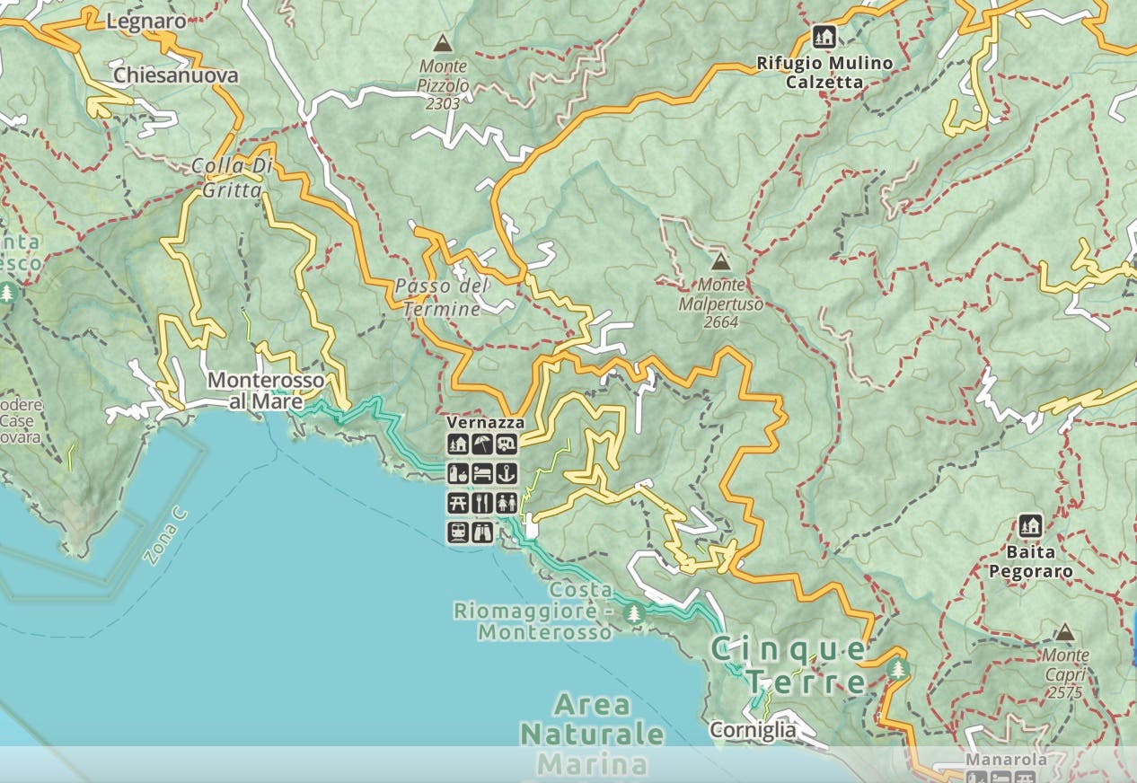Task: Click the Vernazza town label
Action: [x=485, y=422]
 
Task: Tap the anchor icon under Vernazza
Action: [x=507, y=473]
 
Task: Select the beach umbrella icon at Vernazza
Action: [x=482, y=444]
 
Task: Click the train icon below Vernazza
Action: [x=458, y=532]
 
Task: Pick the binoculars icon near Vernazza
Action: [x=482, y=532]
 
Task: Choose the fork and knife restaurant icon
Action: [x=482, y=503]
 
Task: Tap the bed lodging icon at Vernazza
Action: [x=482, y=473]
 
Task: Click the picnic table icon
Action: [x=458, y=503]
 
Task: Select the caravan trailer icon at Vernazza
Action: [x=507, y=444]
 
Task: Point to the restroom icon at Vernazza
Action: [x=507, y=503]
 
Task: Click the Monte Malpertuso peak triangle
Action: [x=719, y=262]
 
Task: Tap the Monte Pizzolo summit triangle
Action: [x=442, y=43]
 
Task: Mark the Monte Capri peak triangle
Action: [x=1064, y=633]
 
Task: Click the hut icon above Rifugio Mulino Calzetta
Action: [x=824, y=37]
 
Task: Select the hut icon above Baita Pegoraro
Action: [x=1030, y=525]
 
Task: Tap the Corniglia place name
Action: [x=753, y=730]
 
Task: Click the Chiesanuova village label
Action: [x=176, y=75]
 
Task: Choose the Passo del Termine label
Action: [x=441, y=297]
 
